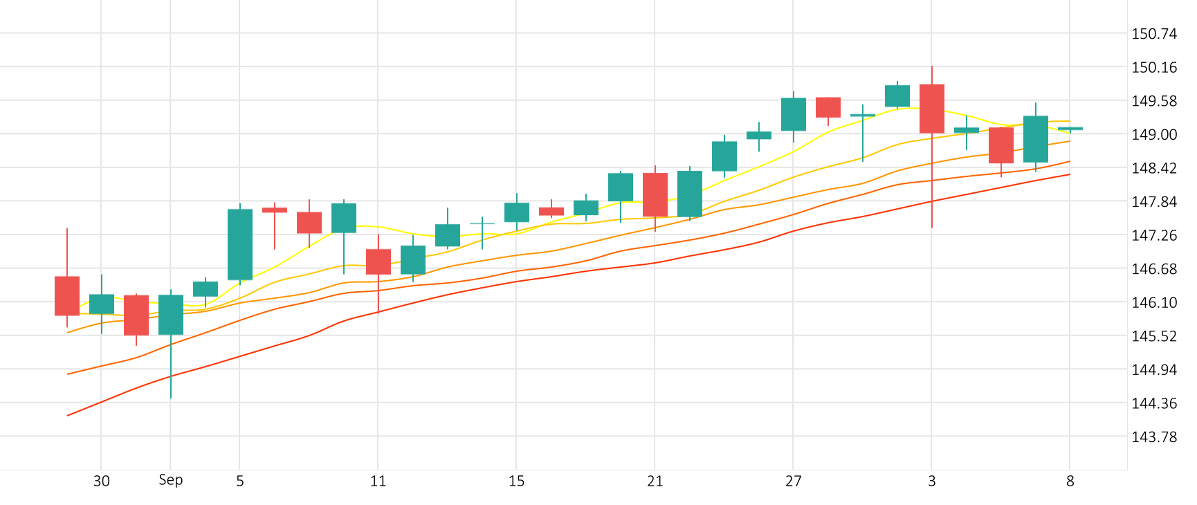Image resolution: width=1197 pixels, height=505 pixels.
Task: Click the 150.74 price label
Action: pos(1153,34)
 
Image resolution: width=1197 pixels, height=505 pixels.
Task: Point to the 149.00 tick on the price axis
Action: pos(1153,134)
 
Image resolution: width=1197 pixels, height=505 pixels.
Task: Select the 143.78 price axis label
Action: pos(1153,437)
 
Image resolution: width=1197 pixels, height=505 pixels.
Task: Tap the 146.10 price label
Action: pos(1153,302)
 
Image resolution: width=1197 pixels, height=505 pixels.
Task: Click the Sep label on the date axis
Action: pos(170,480)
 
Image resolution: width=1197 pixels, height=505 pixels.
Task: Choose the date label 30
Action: pos(101,481)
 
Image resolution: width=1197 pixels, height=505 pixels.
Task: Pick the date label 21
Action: pos(655,481)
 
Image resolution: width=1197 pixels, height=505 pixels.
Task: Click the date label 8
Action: pos(1070,481)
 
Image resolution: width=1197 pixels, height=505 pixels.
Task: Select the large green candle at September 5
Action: pos(240,244)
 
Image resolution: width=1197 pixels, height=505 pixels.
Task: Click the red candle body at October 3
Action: pos(932,109)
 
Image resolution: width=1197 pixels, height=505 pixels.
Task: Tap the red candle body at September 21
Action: pos(655,194)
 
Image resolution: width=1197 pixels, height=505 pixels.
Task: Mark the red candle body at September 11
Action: pos(378,261)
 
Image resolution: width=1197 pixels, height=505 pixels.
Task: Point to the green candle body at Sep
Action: pos(171,315)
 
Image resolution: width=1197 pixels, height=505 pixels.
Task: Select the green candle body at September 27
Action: pos(794,114)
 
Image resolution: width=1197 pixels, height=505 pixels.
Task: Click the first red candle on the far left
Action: pos(67,295)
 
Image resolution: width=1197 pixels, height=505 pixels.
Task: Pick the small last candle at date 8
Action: pos(1070,129)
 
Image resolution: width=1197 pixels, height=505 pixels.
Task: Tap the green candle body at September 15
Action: pos(517,212)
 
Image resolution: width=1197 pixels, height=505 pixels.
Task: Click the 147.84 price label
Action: pos(1153,201)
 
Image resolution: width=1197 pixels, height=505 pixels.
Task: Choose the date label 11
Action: pos(378,481)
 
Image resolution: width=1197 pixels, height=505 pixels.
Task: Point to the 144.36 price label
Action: pos(1153,403)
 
